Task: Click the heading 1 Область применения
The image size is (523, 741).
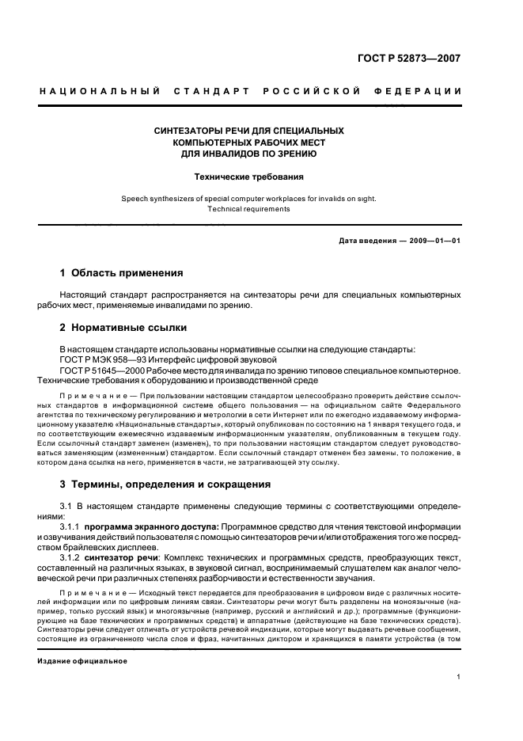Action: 121,273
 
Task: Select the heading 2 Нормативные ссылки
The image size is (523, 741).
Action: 124,326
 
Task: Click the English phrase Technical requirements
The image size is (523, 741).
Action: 248,209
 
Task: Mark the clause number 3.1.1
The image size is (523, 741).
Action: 71,526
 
